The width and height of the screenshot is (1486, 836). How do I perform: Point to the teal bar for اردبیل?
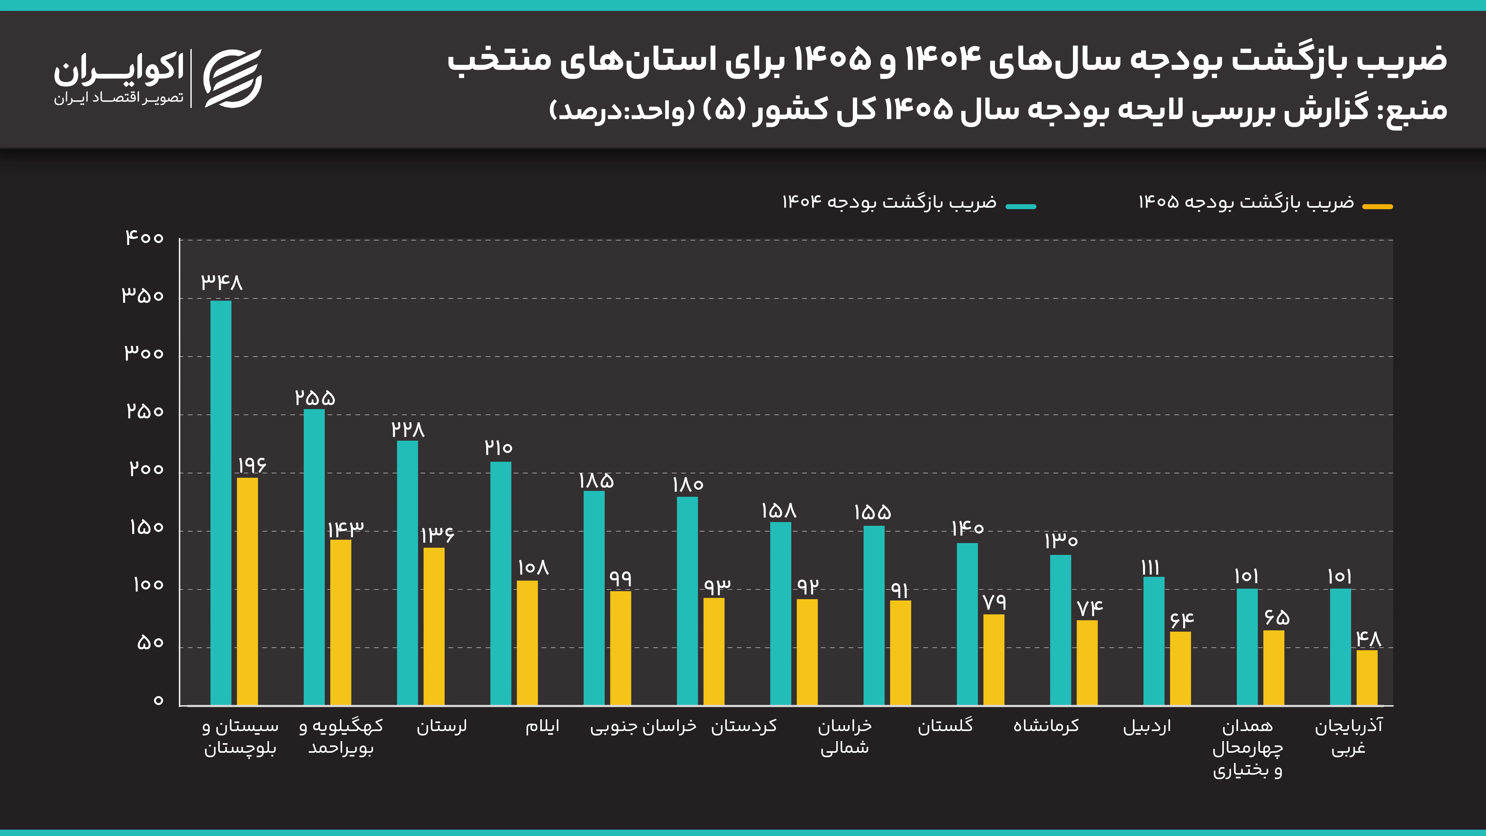(1154, 640)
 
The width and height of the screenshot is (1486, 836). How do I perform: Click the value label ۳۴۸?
(222, 282)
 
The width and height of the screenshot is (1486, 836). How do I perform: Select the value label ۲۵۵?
(315, 398)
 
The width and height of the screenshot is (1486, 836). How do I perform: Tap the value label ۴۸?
(1368, 639)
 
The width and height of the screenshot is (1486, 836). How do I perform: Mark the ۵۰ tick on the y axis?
(150, 643)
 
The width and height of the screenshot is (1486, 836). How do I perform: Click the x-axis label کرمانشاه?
(1046, 726)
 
